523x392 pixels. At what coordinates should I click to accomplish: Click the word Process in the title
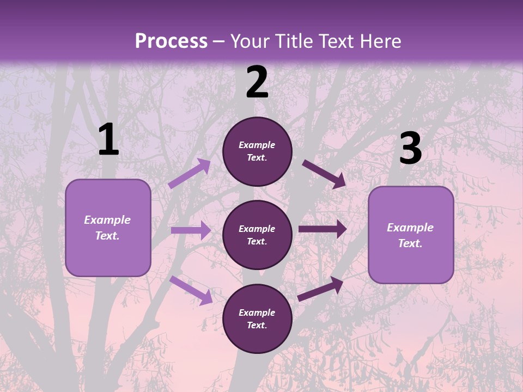point(171,41)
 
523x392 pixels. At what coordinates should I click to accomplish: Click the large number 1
point(108,140)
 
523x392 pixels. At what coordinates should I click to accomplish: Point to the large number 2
point(257,83)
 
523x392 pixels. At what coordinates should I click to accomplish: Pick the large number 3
point(410,149)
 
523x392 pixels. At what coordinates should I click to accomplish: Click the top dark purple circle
point(257,151)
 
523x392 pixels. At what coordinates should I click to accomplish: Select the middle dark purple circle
point(257,235)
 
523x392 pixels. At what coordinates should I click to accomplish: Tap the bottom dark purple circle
point(257,318)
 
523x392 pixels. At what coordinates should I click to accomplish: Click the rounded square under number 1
point(108,228)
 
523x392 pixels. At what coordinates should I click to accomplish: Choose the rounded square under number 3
point(411,235)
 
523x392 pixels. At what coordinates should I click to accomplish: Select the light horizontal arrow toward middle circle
point(191,230)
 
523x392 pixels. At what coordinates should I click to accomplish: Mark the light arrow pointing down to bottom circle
point(191,290)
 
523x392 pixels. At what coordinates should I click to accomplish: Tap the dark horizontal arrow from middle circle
point(322,229)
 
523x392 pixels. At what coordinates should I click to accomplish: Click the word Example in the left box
point(107,220)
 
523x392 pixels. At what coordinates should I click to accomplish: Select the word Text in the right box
point(410,243)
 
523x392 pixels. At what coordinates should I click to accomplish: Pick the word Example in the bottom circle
point(257,313)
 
